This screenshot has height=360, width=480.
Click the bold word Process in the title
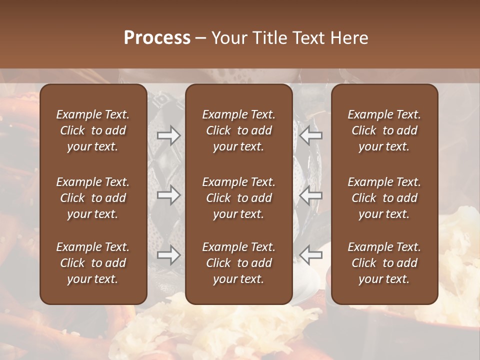click(157, 37)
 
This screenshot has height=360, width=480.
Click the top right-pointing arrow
click(168, 135)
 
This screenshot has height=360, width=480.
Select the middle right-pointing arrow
click(168, 195)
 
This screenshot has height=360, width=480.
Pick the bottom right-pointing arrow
click(168, 255)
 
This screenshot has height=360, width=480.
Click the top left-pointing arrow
click(311, 135)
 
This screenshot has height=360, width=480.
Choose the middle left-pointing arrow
click(311, 195)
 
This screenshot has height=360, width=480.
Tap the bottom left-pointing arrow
click(311, 255)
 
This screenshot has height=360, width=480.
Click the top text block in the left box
click(93, 130)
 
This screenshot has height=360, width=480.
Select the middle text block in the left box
click(93, 198)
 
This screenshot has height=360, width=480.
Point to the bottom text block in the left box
click(93, 263)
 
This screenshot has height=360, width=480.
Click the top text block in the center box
click(238, 130)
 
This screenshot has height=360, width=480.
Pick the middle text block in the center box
click(238, 198)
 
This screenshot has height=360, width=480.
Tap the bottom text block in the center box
click(238, 263)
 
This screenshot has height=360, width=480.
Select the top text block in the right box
click(384, 130)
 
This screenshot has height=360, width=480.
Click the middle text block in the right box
click(384, 198)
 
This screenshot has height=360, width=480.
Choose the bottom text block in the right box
click(384, 263)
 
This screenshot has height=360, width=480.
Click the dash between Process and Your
click(200, 38)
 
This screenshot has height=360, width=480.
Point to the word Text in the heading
click(308, 37)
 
